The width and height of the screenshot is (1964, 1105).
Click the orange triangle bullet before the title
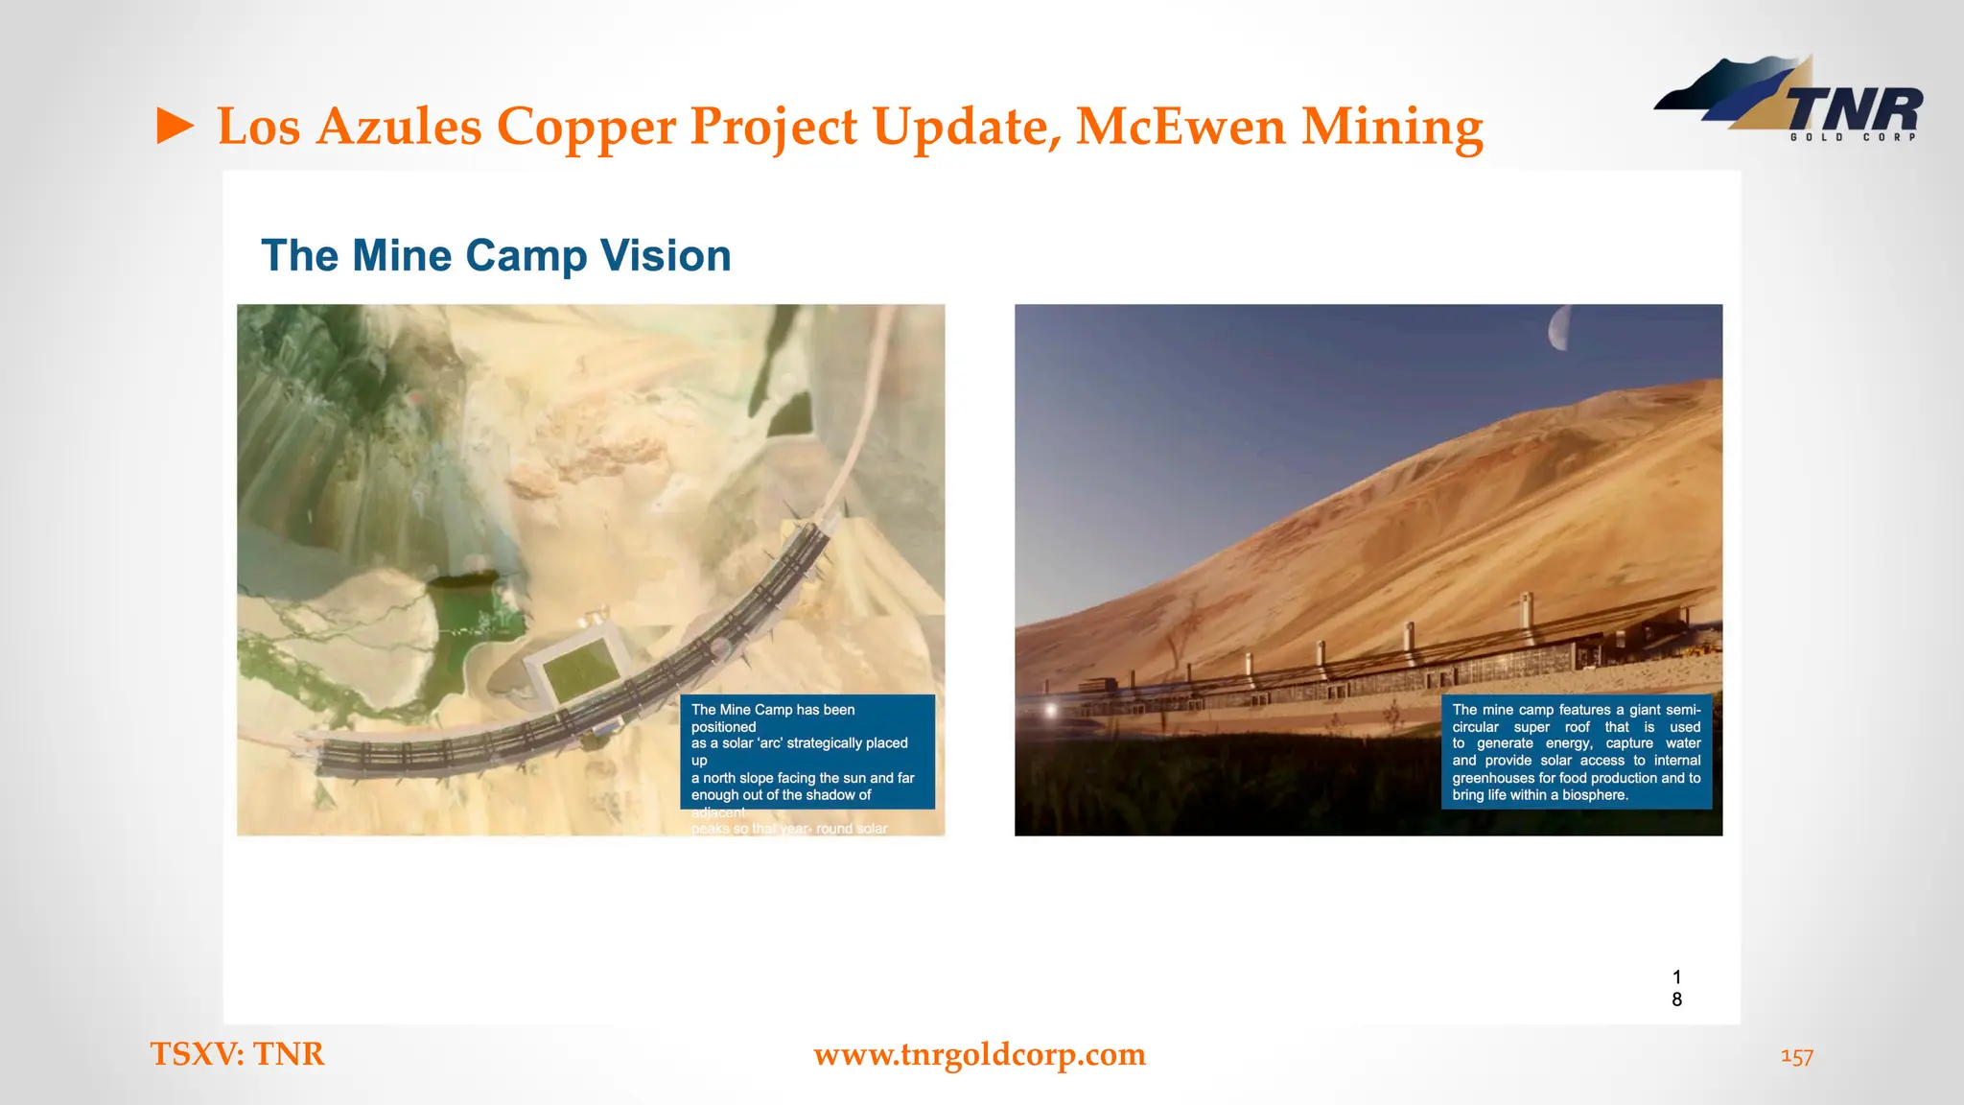(175, 127)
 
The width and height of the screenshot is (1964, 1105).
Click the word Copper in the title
(585, 127)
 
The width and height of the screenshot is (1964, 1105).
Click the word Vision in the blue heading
(665, 256)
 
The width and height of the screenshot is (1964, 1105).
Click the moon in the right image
(1558, 328)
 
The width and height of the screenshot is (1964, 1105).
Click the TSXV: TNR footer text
(237, 1054)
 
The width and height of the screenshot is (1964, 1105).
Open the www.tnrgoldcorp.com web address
(979, 1054)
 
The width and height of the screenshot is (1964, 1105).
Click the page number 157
(1796, 1056)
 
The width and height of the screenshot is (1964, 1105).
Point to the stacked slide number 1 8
(1676, 988)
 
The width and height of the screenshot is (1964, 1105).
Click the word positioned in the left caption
(723, 727)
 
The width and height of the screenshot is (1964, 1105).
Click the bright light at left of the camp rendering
(1051, 711)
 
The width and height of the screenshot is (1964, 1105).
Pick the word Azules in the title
(398, 127)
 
